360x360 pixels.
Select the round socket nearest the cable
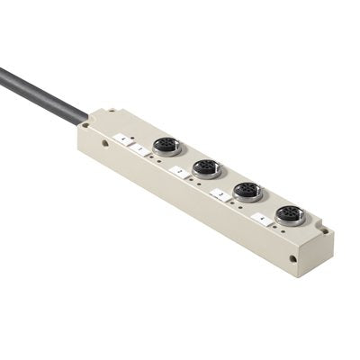pos(164,145)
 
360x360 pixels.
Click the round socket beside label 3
pos(247,191)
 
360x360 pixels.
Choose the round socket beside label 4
pos(290,213)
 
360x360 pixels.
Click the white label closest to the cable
pos(121,137)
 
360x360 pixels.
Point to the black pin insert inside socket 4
pos(290,213)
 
